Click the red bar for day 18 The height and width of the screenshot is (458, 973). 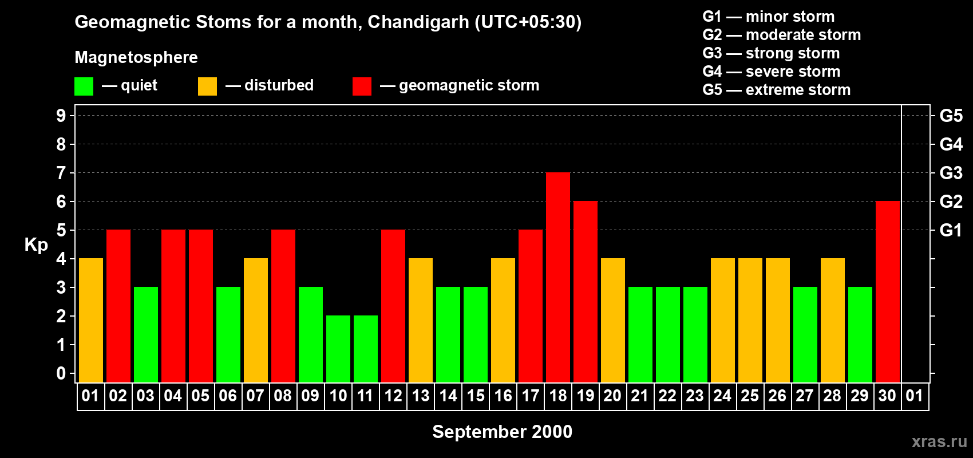pos(558,277)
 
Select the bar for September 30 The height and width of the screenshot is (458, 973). pos(888,291)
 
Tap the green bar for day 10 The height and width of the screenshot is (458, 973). pos(338,349)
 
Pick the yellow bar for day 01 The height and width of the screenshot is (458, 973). pos(91,320)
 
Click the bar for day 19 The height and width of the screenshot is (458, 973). pos(586,291)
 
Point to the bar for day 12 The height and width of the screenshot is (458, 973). pos(393,306)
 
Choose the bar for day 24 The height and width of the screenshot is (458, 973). pos(723,320)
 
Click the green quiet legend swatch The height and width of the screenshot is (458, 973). pos(84,86)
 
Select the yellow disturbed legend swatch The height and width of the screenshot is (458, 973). pos(207,86)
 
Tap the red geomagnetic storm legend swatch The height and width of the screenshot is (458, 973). pos(362,86)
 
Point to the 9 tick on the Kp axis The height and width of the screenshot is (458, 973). pos(61,116)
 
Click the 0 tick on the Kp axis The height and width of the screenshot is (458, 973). pos(61,373)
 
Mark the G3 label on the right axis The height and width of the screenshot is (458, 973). pos(951,173)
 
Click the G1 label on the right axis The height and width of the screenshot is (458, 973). pos(951,230)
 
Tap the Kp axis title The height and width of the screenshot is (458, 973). pos(36,244)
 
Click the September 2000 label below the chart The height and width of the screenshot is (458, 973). pos(502,432)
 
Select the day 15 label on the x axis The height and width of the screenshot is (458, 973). pos(476,396)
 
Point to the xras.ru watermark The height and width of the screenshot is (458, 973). pos(939,441)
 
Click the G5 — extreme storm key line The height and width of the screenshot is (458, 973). pos(776,90)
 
